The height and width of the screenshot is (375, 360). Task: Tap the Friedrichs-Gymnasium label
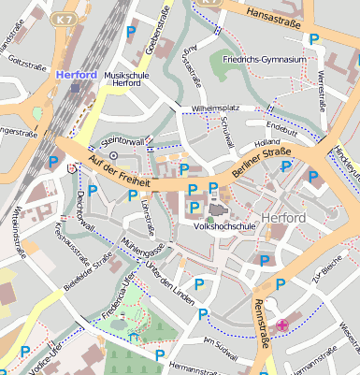[x=265, y=60]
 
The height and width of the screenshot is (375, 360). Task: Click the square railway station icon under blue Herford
[x=75, y=87]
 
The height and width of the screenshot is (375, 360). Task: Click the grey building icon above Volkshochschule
[x=217, y=211]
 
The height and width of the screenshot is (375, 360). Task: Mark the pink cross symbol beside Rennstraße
[x=282, y=325]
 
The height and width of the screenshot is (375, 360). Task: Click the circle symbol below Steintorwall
[x=113, y=154]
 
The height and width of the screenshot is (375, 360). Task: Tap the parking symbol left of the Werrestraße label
[x=314, y=39]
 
